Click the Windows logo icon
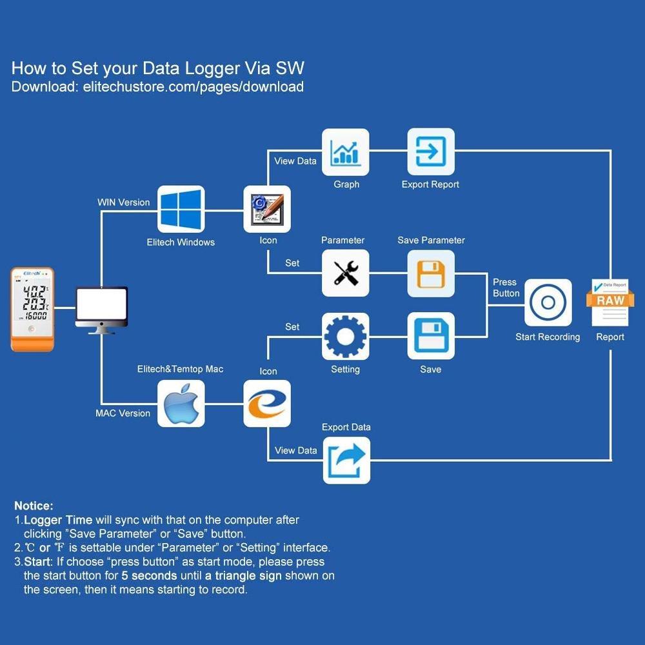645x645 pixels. [181, 210]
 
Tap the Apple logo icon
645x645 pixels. [181, 403]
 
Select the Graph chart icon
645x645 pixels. [346, 152]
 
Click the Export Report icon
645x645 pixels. [431, 152]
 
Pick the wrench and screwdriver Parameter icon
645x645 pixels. [346, 273]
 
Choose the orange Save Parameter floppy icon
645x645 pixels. [431, 273]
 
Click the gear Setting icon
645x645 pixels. [346, 336]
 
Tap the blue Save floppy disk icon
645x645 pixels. [431, 336]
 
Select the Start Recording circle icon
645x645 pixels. [548, 303]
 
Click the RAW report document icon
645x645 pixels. [610, 303]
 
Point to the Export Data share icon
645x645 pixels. [346, 460]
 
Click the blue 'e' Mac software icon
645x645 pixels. [267, 403]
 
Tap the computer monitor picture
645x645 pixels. [101, 309]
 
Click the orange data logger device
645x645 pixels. [33, 310]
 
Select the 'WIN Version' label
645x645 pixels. [123, 203]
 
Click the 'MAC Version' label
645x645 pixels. [123, 413]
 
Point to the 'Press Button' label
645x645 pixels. [506, 288]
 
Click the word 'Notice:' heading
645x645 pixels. [34, 506]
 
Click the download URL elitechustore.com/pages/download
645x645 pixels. [193, 86]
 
